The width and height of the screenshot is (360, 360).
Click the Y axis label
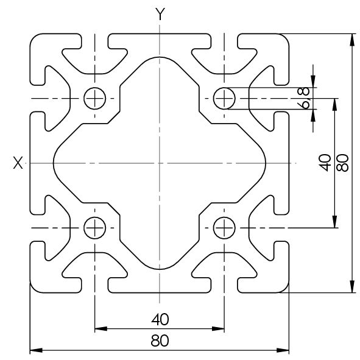160,14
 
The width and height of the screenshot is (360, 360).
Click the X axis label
18,163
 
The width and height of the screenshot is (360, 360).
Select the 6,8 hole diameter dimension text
303,98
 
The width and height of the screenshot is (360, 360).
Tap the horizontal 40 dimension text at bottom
160,319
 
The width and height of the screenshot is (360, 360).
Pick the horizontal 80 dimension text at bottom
160,341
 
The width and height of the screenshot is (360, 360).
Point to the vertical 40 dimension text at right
325,163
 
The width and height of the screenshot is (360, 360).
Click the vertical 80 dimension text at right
342,163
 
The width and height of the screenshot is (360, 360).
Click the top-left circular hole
95,88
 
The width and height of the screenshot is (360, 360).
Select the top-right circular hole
224,88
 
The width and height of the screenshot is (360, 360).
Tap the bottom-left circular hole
95,217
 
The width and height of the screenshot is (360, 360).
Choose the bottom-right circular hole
224,217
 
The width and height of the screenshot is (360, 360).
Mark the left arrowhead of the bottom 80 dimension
36,350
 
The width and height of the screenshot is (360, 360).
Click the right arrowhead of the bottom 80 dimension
283,350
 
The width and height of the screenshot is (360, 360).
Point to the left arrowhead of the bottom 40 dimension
101,329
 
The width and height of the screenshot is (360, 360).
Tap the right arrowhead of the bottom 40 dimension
218,329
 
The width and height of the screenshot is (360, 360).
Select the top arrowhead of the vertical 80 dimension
351,40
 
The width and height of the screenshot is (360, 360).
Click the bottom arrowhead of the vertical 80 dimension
351,286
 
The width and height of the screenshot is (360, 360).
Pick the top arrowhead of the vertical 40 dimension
335,104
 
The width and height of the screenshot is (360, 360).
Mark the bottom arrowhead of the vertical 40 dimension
335,222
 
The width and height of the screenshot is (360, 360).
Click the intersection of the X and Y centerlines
160,163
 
